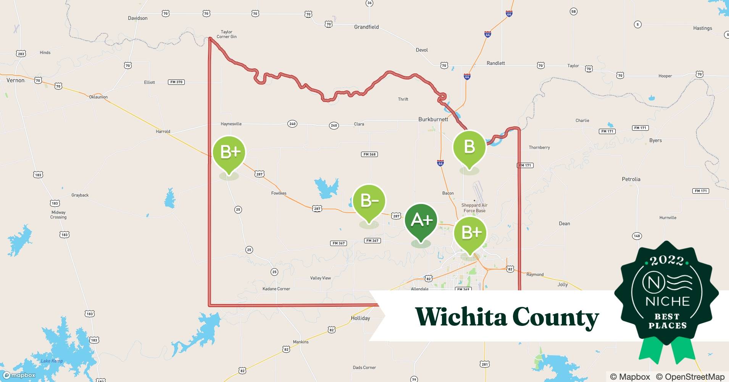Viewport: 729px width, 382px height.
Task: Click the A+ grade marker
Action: point(421,220)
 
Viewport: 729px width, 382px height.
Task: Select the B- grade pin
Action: point(369,201)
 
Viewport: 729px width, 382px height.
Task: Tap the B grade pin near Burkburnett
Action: point(469,147)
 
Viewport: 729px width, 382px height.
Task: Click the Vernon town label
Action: point(15,80)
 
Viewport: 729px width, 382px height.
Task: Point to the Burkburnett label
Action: point(433,119)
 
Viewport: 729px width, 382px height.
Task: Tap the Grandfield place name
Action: point(366,27)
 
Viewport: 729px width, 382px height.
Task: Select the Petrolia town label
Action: point(631,179)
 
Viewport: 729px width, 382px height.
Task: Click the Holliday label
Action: point(360,318)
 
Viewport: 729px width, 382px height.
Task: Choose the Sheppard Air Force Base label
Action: point(474,208)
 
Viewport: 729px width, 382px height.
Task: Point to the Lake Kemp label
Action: point(52,361)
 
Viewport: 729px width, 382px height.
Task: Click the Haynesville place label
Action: point(231,124)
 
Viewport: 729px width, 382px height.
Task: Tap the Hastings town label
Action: point(702,28)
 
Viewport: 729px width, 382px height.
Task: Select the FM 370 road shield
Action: point(176,82)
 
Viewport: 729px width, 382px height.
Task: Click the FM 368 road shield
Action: point(369,154)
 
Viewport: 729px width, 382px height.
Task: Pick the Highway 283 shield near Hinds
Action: point(21,54)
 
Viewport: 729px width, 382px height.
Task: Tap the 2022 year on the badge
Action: point(667,261)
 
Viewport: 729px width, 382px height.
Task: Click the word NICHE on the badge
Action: point(668,301)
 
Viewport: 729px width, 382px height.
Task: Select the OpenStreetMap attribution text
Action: point(690,377)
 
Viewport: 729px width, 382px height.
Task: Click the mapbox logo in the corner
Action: point(19,375)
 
